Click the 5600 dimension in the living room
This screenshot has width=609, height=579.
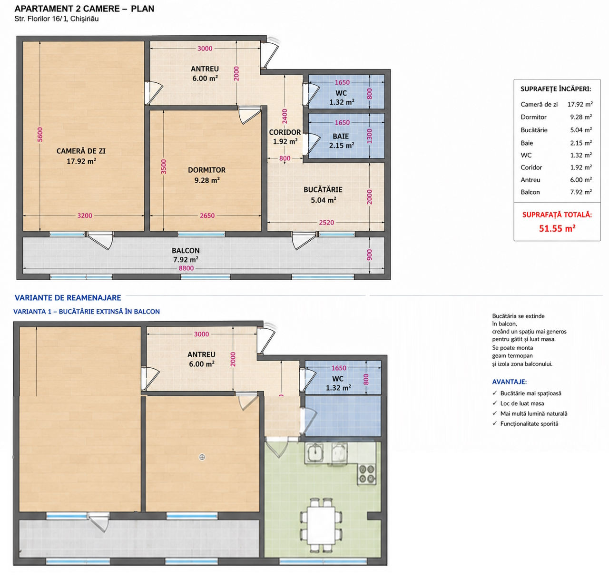click(40, 135)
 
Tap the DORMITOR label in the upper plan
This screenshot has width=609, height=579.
click(206, 170)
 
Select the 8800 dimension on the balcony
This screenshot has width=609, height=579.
click(186, 268)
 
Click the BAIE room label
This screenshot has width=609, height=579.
click(341, 137)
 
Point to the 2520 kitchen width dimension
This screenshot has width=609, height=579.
click(326, 223)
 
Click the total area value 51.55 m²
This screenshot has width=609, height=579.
click(557, 228)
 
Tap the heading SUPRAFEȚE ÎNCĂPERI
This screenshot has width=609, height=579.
click(556, 89)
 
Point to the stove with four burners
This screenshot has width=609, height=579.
click(367, 474)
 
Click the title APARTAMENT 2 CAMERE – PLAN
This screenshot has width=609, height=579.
click(84, 9)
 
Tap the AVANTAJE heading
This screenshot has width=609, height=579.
click(509, 382)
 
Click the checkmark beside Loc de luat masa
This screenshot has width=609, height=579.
click(495, 403)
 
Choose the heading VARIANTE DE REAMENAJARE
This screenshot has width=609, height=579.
click(68, 298)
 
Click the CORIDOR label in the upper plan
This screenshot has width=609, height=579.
click(285, 132)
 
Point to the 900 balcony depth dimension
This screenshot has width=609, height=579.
click(369, 255)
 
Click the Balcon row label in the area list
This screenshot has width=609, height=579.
click(530, 192)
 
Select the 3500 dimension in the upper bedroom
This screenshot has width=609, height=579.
click(164, 167)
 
